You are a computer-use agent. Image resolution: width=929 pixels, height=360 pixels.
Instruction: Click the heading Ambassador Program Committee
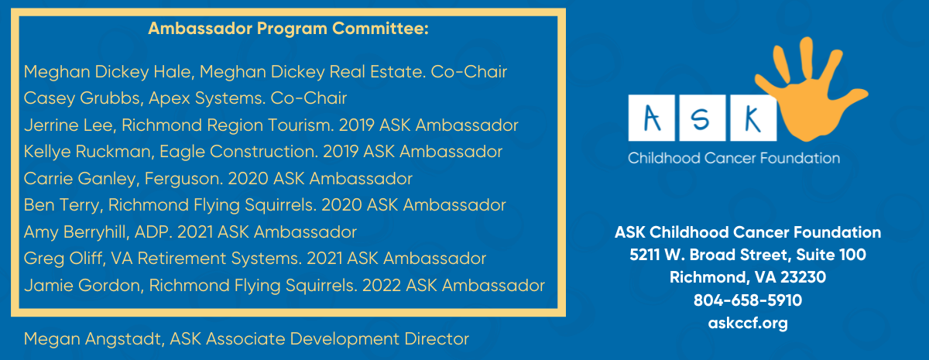click(x=288, y=29)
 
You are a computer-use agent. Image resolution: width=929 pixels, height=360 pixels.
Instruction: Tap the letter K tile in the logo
click(x=749, y=118)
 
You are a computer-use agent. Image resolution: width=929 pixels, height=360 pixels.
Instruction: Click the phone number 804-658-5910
click(x=747, y=300)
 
